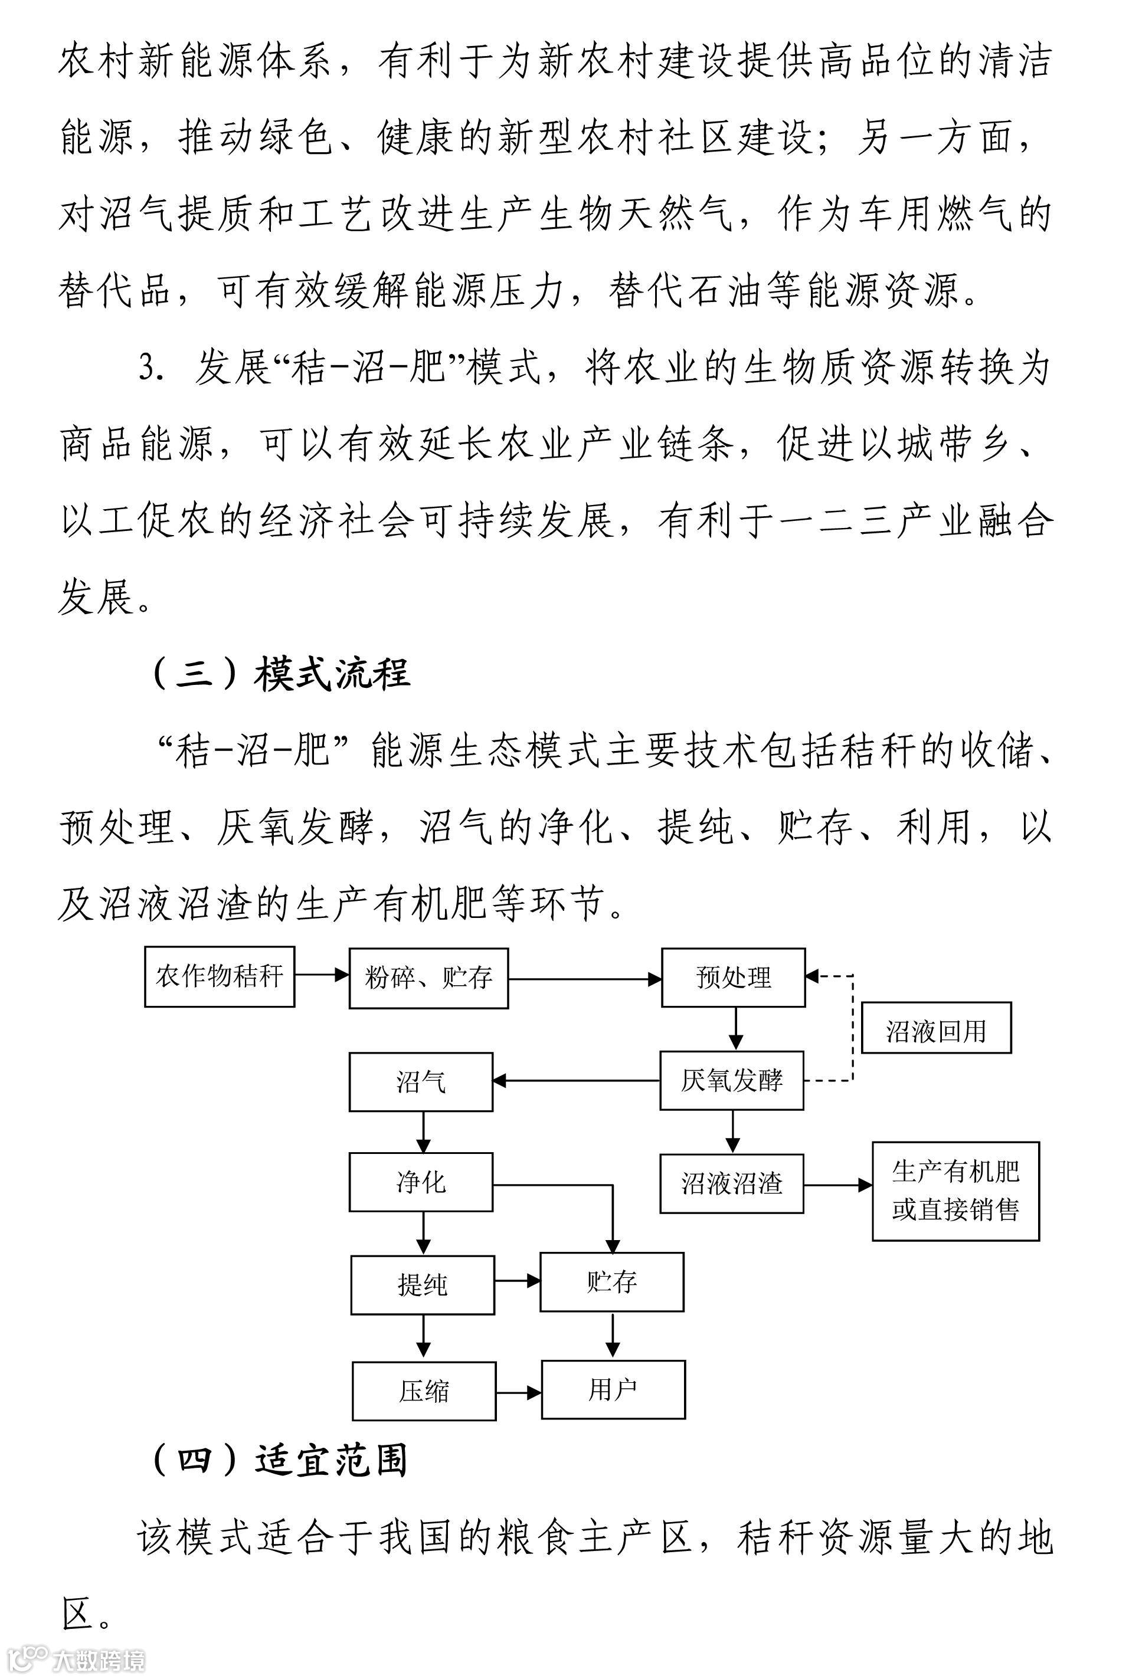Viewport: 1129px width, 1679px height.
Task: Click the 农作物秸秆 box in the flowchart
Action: (x=220, y=976)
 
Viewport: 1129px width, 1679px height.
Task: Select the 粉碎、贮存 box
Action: (x=428, y=978)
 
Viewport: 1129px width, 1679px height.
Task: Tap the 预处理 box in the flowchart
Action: (x=733, y=978)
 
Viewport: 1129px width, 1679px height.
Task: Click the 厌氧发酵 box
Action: (x=732, y=1081)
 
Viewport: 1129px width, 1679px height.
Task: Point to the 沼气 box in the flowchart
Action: (x=421, y=1081)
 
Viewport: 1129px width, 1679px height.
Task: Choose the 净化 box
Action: (x=421, y=1182)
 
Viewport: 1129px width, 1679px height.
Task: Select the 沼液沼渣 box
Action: (x=732, y=1184)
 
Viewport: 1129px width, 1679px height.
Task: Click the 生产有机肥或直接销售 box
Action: (x=955, y=1191)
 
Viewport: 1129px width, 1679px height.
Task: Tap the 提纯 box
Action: (x=423, y=1285)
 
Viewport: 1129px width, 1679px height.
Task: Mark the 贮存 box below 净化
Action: (x=611, y=1282)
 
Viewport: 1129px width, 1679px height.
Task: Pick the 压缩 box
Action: (x=424, y=1391)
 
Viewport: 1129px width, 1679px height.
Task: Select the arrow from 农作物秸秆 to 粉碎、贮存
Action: (x=322, y=976)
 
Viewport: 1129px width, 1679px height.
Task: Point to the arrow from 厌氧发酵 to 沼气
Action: (x=576, y=1081)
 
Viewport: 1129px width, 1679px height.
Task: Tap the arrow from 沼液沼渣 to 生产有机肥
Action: (x=837, y=1185)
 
